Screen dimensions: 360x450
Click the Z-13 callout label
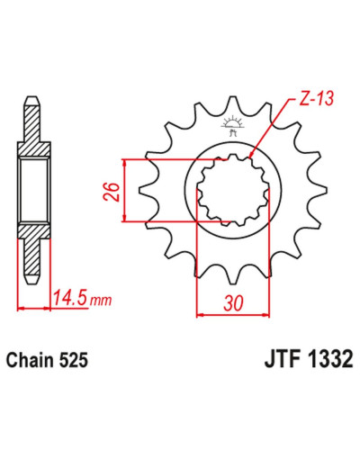tap(317, 98)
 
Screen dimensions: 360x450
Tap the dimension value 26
tap(112, 191)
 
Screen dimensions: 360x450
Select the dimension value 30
tap(233, 303)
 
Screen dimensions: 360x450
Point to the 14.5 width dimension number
tap(71, 298)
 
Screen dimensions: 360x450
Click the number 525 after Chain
tap(74, 360)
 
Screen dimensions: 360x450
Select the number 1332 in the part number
tap(329, 359)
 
